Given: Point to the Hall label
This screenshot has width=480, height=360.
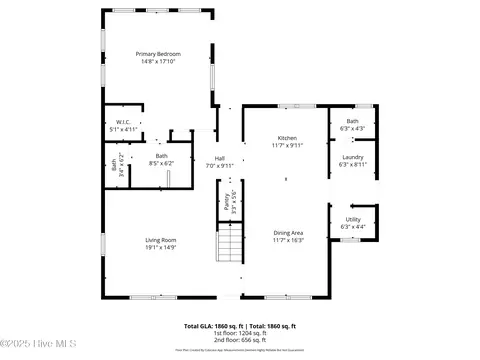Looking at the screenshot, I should coord(219,158).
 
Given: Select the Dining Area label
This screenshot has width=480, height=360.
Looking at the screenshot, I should coord(288,233).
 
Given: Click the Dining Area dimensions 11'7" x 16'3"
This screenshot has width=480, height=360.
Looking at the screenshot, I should coord(288,240).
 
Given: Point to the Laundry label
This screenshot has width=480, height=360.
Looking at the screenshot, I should coord(353,157).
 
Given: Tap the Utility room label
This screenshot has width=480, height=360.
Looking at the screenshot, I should coord(353,219).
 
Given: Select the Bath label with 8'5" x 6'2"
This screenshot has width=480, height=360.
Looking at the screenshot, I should coord(161,155).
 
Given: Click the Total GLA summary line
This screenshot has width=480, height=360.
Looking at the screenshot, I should coord(240,326).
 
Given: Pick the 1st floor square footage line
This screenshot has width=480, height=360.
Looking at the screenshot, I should coord(240,333).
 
